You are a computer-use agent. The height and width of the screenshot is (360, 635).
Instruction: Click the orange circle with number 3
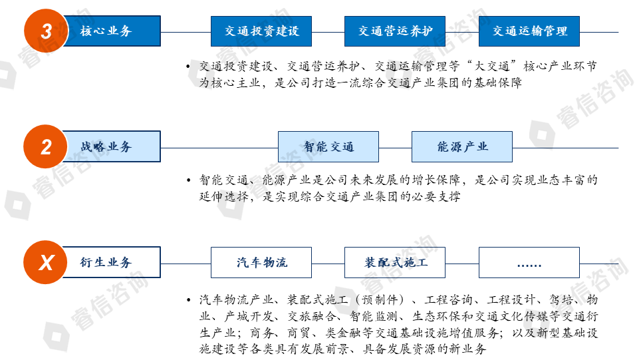[47, 31]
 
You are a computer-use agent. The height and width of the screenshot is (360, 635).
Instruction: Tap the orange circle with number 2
[47, 146]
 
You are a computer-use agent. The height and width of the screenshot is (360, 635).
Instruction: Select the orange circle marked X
[47, 262]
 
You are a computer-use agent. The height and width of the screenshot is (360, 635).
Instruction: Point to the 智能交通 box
[328, 147]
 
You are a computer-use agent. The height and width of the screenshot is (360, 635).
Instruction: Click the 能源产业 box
[462, 147]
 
